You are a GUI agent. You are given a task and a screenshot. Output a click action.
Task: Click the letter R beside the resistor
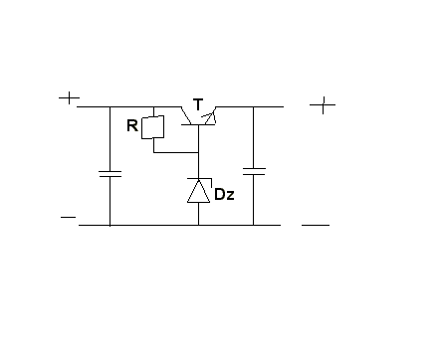[x=132, y=126]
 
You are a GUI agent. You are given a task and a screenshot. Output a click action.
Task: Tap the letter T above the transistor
[x=198, y=104]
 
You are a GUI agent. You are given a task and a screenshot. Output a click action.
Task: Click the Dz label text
[x=224, y=194]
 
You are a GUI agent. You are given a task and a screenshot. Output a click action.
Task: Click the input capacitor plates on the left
[x=110, y=174]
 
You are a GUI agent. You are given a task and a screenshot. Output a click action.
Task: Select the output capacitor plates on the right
[x=254, y=171]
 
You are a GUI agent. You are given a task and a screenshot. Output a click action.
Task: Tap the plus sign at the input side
[x=69, y=98]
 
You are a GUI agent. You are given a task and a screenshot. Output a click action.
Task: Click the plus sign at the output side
[x=323, y=105]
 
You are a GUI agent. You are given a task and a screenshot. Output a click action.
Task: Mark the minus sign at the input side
[x=69, y=218]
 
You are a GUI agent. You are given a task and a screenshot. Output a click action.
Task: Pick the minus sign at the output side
[x=316, y=225]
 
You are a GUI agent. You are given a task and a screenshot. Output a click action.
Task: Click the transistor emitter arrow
[x=210, y=118]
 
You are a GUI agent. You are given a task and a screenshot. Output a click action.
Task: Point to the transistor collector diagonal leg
[x=186, y=115]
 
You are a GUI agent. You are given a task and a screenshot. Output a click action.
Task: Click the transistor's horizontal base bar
[x=198, y=124]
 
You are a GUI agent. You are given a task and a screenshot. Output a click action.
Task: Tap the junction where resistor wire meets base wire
[x=198, y=152]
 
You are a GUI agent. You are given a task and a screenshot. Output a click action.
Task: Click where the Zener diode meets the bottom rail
[x=198, y=225]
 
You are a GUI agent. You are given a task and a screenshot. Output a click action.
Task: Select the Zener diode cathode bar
[x=199, y=179]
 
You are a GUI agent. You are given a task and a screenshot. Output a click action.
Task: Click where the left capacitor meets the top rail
[x=110, y=106]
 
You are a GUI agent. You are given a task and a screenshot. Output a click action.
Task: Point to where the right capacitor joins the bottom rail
[x=254, y=225]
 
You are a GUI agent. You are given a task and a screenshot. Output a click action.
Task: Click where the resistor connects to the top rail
[x=153, y=106]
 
